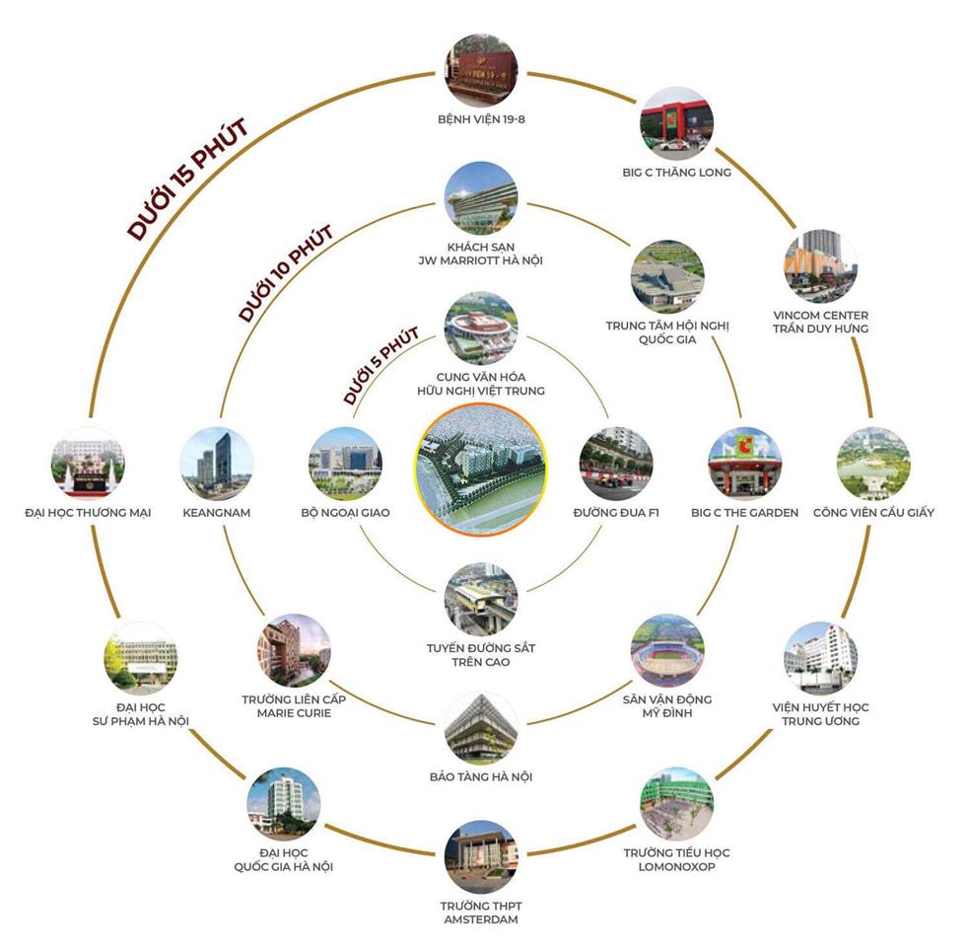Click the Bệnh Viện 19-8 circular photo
[480, 71]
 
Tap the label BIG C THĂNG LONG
[676, 173]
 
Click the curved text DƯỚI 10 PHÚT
[286, 273]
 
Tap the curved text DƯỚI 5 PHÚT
[380, 366]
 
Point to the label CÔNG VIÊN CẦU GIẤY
[873, 513]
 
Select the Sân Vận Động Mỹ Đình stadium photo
[667, 651]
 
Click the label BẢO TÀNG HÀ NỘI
[481, 777]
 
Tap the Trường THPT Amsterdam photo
[480, 856]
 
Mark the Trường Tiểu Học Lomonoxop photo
[676, 804]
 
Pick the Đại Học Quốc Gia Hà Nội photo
[284, 804]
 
